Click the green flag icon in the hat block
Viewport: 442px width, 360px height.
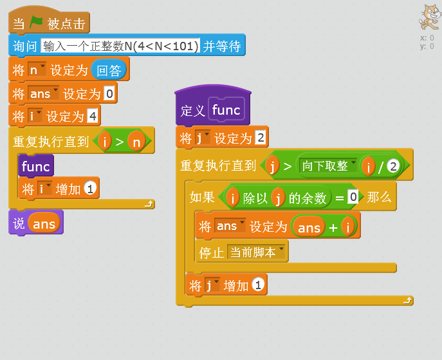[36, 23]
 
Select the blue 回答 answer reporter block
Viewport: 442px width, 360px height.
[109, 70]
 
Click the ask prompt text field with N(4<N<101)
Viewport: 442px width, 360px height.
[120, 46]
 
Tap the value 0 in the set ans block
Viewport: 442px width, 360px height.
[109, 94]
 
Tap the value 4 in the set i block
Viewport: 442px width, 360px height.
[93, 117]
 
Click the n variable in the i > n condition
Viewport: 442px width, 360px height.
[136, 141]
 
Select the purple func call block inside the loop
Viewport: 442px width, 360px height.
[35, 166]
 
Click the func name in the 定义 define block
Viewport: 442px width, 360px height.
[226, 110]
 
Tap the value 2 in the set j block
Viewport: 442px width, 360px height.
[261, 138]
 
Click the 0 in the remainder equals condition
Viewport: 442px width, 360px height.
[353, 197]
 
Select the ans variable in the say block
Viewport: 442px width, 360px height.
[44, 223]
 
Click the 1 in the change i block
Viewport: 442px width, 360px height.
[91, 189]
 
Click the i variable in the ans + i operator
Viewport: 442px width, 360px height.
[349, 227]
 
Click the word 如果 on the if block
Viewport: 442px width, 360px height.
[202, 198]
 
